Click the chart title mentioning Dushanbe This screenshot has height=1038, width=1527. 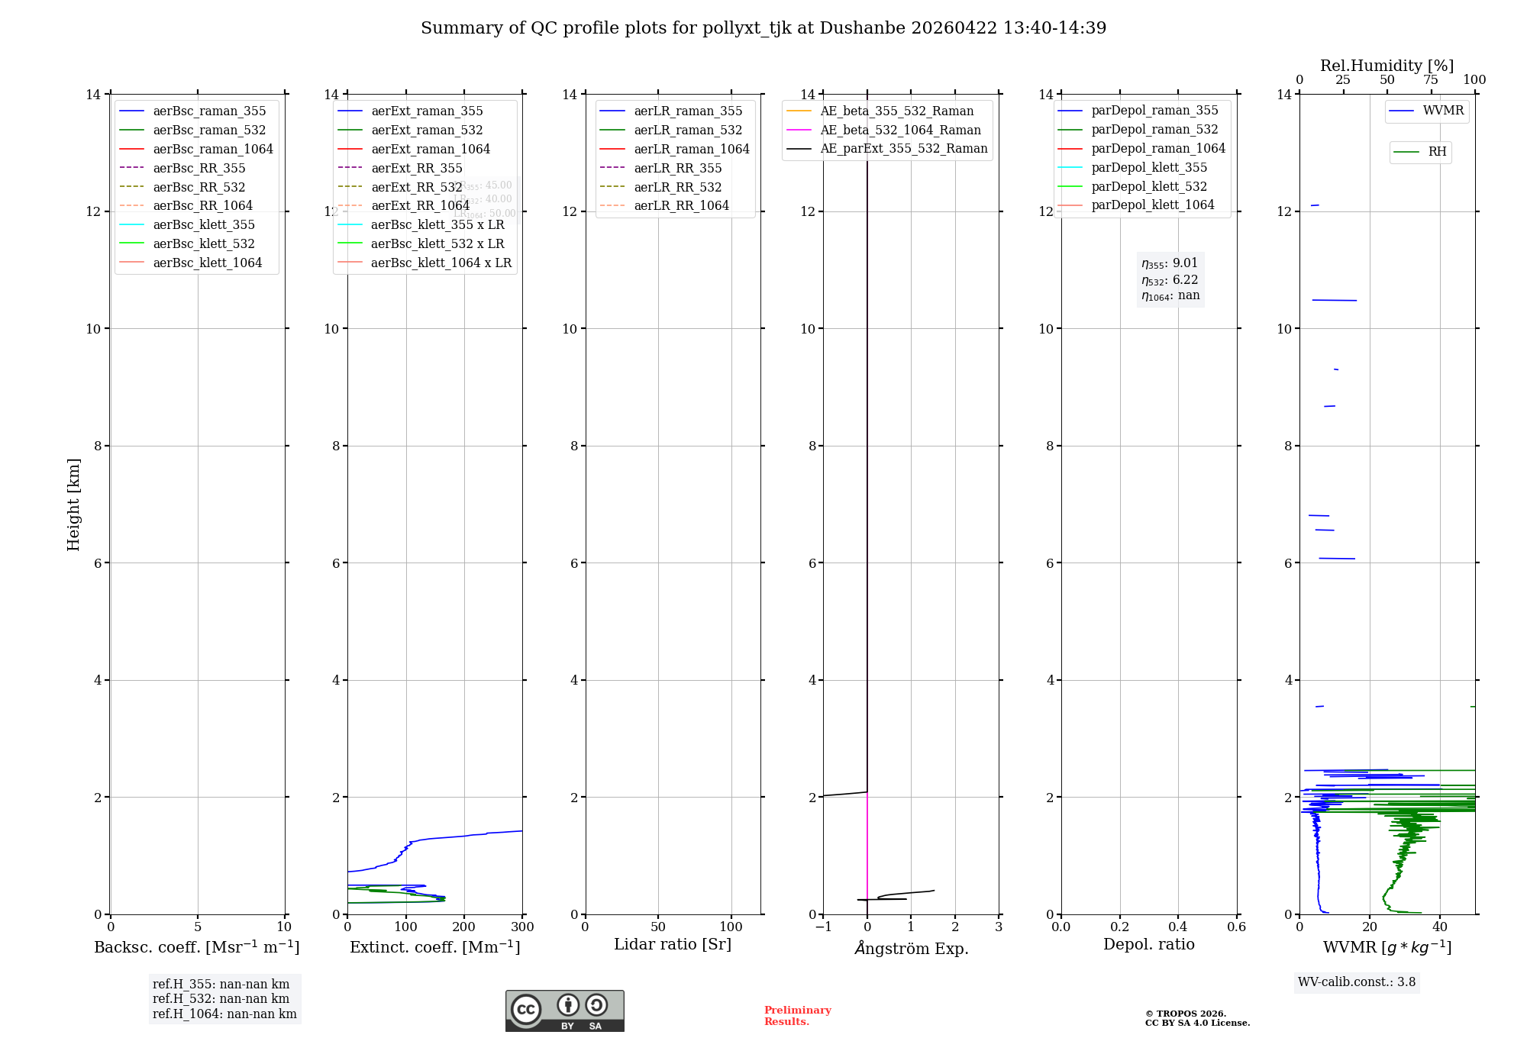tap(763, 28)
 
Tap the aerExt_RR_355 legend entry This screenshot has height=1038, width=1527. tap(416, 168)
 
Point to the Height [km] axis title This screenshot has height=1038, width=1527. tap(73, 504)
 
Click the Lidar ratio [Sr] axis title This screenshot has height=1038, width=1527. tap(673, 944)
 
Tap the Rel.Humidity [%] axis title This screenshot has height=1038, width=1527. tap(1387, 66)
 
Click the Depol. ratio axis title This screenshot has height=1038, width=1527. tap(1148, 944)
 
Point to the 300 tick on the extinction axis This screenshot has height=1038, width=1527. tap(523, 927)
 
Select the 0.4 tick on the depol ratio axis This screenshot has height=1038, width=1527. tap(1178, 927)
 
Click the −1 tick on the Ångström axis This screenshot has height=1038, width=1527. tap(823, 927)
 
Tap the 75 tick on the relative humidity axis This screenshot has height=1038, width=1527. tap(1431, 80)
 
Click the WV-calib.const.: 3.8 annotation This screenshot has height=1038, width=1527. tap(1357, 982)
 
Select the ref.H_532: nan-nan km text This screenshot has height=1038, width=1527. tap(221, 999)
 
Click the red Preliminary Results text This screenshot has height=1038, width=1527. tap(797, 1016)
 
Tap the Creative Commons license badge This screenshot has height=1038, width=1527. tap(564, 1011)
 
